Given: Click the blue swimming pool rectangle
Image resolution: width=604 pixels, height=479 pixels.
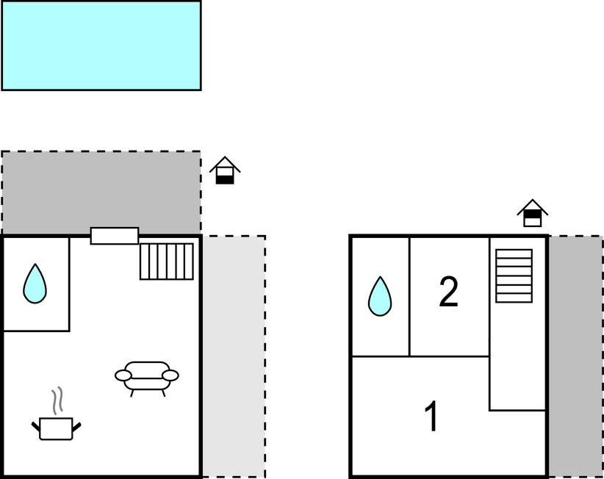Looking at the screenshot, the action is click(x=101, y=46).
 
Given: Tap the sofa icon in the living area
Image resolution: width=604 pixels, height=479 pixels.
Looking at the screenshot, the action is click(x=147, y=379).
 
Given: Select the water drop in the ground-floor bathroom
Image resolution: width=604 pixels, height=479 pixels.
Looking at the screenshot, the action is click(x=35, y=284).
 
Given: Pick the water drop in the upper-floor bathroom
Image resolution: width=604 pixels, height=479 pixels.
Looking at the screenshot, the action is click(x=380, y=297).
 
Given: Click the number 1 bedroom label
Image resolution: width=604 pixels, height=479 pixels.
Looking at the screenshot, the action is click(x=432, y=417).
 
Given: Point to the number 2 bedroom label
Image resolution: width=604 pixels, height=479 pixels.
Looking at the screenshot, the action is click(x=449, y=292).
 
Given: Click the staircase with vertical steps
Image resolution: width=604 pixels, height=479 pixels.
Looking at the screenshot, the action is click(x=166, y=262).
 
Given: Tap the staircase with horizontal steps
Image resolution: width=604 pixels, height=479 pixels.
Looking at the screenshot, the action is click(x=514, y=275).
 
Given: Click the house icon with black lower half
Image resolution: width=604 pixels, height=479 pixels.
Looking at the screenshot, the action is click(x=225, y=170).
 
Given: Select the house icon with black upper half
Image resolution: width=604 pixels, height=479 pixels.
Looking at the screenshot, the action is click(x=532, y=213).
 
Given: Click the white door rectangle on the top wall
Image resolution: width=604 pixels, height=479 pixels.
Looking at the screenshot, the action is click(x=115, y=236).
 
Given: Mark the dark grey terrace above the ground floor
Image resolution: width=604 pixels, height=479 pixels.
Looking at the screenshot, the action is click(x=101, y=192).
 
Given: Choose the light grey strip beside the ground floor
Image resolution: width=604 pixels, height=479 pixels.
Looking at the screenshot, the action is click(x=234, y=356).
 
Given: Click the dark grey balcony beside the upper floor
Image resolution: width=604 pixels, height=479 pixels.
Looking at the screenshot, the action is click(x=575, y=356).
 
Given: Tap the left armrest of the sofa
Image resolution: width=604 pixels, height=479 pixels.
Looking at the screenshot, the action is click(x=123, y=375).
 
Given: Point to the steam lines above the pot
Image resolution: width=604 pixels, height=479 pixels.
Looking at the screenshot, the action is click(x=57, y=401).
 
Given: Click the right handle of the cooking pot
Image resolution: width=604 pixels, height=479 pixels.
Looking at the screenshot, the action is click(x=76, y=427).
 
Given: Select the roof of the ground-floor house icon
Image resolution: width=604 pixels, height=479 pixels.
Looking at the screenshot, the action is click(x=225, y=164).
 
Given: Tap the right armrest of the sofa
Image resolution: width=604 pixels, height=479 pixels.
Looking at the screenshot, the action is click(x=170, y=375).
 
